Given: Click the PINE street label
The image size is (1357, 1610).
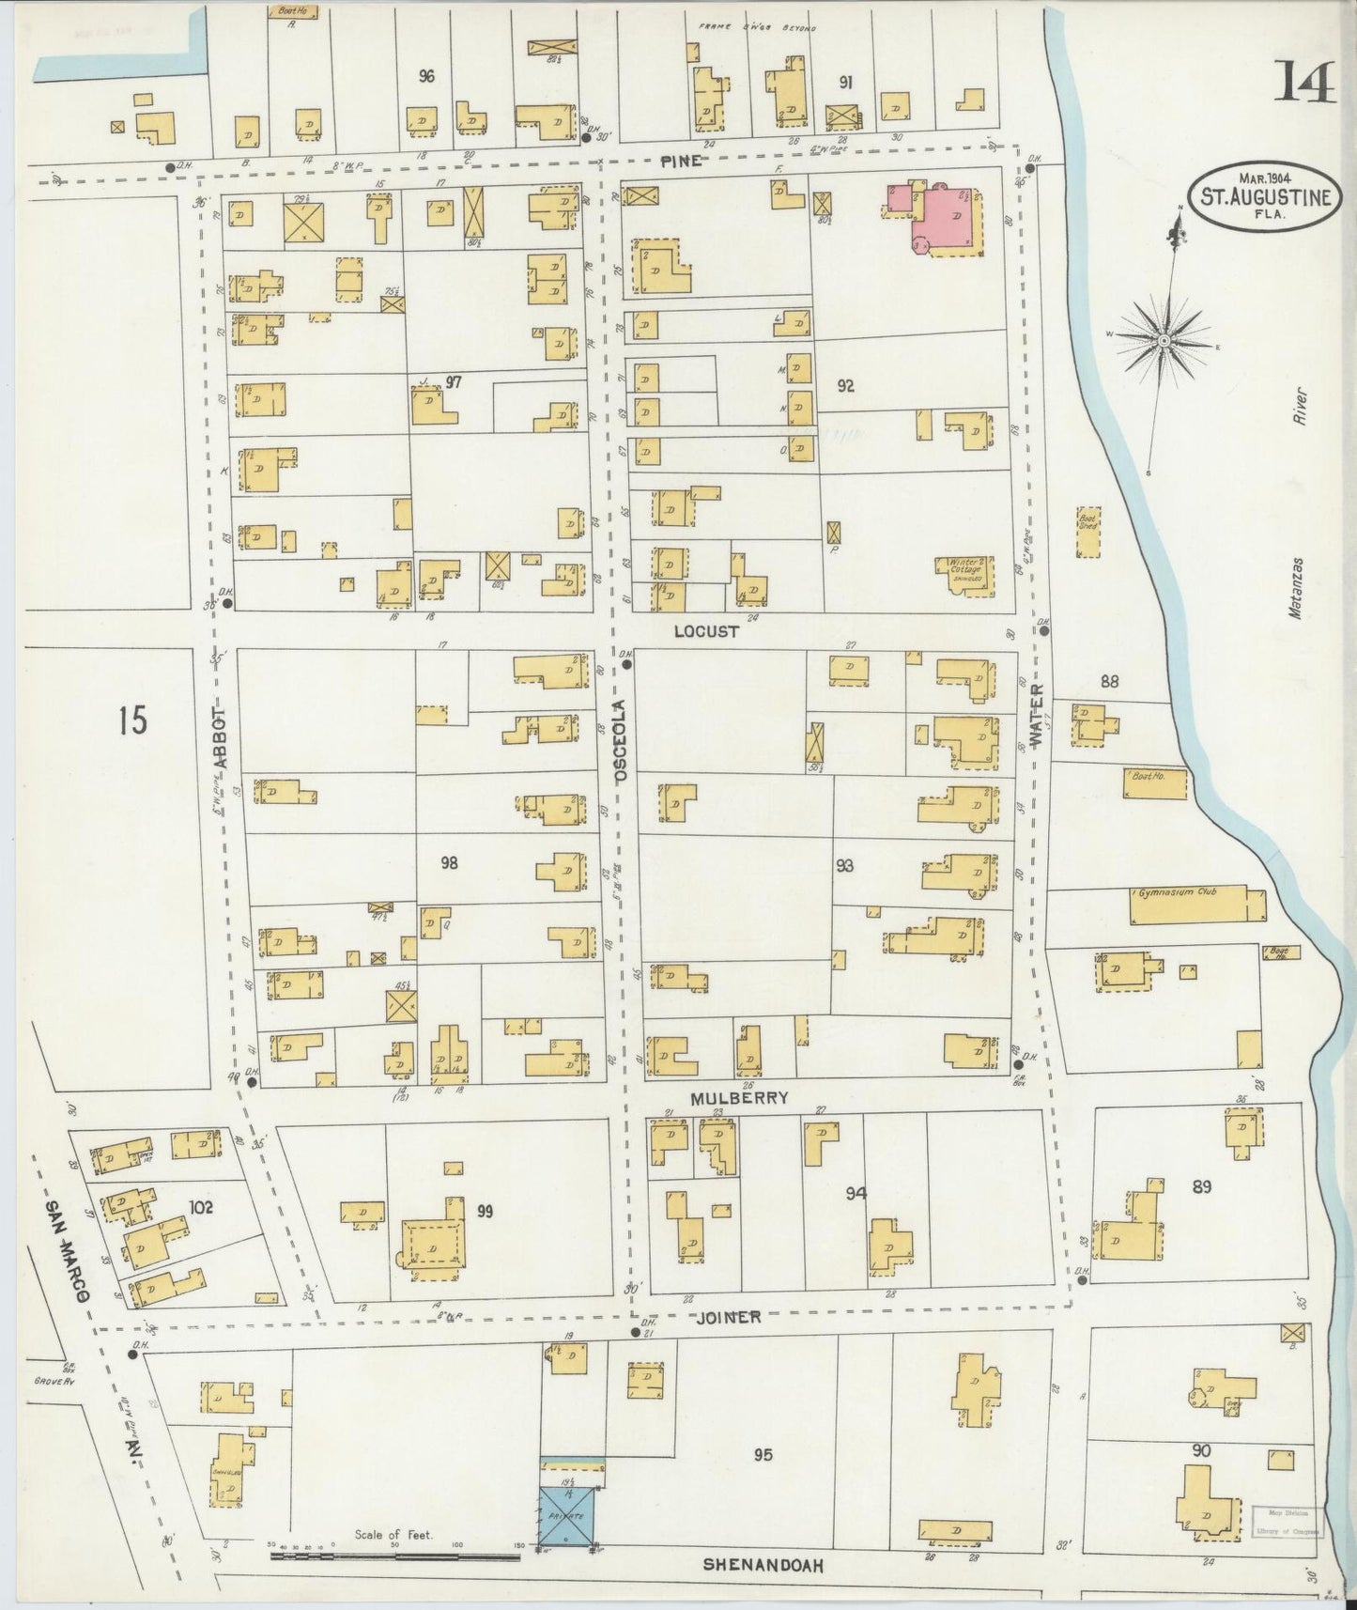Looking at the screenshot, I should click(680, 161).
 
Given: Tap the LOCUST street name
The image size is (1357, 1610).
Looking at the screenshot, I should click(706, 632).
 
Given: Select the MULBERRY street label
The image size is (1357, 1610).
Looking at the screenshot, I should click(738, 1097).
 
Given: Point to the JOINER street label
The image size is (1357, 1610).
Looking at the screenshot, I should click(728, 1317).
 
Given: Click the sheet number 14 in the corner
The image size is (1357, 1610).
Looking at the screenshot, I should click(1303, 85).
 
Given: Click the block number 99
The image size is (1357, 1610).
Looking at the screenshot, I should click(485, 1211).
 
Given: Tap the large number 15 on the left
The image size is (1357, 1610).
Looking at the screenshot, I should click(132, 721).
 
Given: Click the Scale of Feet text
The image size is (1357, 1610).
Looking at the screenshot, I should click(393, 1536).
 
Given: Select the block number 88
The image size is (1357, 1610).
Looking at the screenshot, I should click(1109, 682).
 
